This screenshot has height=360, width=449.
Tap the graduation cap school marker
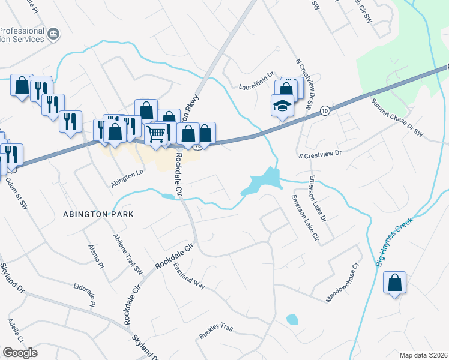[282, 106]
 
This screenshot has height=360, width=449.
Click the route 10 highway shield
[325, 111]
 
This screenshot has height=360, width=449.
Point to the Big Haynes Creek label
[395, 241]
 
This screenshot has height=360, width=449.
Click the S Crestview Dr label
[320, 154]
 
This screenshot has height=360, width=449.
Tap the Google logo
[20, 352]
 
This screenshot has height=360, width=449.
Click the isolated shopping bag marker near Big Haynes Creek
[395, 283]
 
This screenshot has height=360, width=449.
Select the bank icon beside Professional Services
[53, 34]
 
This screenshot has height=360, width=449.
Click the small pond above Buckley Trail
[292, 319]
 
